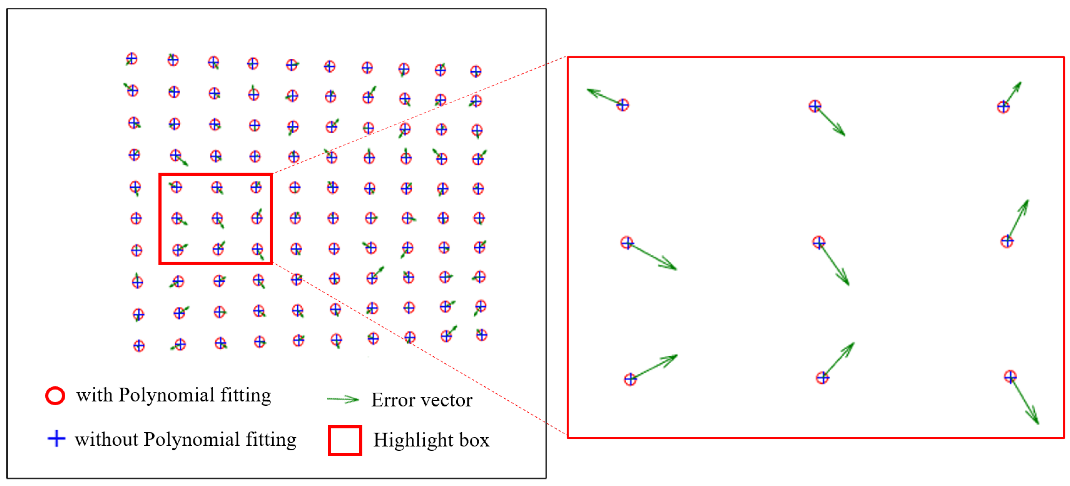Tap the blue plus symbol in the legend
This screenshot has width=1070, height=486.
point(56,438)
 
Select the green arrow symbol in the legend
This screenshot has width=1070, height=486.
point(343,400)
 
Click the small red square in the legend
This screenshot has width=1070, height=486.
point(345,440)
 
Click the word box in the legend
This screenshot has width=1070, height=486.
point(474,440)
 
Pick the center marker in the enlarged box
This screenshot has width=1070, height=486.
point(818,242)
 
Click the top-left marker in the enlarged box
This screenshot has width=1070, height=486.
point(622,105)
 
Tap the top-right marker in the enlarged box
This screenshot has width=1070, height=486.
point(1003,107)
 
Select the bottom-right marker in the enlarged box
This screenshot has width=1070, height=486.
point(1010,376)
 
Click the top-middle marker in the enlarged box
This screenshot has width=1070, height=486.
point(815,106)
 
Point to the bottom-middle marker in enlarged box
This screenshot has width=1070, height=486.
point(822,378)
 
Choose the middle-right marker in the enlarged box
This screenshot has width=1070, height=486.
point(1007,241)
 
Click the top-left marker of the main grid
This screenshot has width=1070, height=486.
point(131,59)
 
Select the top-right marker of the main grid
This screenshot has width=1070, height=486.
point(476,71)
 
